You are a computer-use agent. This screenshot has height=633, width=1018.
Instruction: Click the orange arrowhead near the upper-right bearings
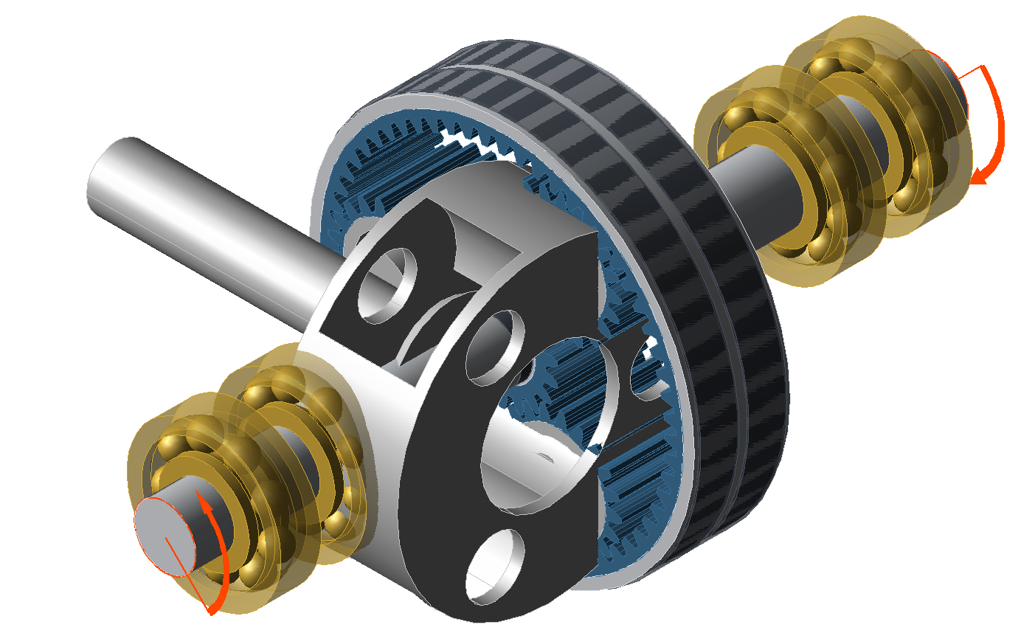coord(982,176)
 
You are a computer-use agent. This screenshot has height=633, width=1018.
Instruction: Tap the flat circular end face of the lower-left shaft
coord(164,535)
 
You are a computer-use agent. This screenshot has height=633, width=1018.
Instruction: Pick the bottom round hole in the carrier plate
coord(495,564)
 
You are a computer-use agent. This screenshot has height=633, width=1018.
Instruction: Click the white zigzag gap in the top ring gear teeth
coord(479,144)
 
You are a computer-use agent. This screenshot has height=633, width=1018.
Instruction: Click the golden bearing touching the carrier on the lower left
coord(310,435)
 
